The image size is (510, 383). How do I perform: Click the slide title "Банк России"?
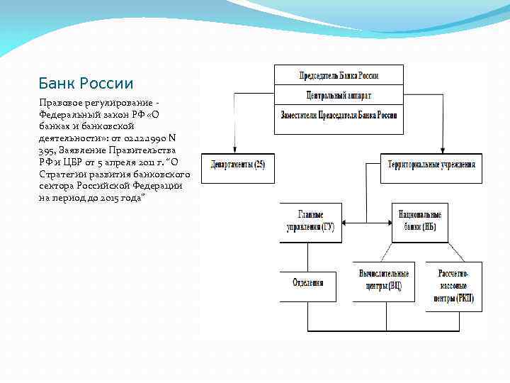coord(86,84)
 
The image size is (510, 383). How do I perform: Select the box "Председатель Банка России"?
coord(339,74)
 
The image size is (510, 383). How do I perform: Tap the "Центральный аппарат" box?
coord(339,94)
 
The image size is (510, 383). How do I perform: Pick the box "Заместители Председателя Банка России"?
coord(339,114)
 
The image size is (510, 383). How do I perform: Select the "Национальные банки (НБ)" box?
coord(419,221)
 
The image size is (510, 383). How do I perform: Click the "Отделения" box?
coord(308,282)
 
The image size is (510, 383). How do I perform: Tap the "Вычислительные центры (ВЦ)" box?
coord(383,282)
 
